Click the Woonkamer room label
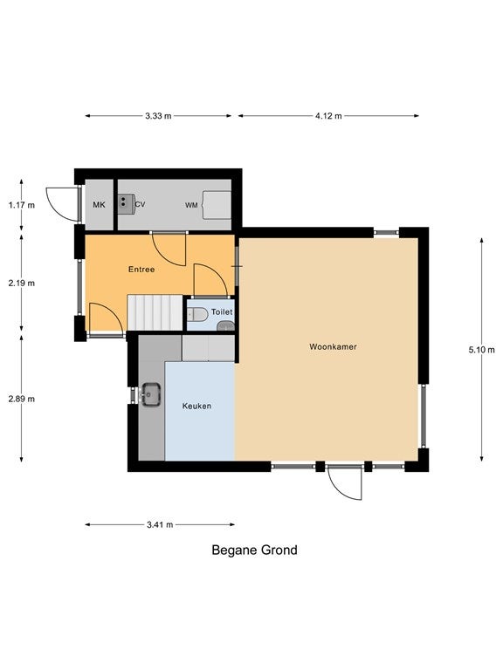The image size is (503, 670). tap(333, 346)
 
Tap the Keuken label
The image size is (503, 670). tap(196, 406)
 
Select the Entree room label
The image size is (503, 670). tap(141, 270)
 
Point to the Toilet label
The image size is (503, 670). tap(222, 312)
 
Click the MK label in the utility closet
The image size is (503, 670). tap(99, 205)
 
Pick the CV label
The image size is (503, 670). tap(140, 204)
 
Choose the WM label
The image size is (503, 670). tap(191, 206)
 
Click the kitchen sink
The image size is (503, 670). tap(151, 394)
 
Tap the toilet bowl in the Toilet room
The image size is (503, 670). tap(197, 314)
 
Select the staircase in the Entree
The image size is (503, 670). tap(155, 312)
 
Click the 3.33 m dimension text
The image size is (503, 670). tap(158, 116)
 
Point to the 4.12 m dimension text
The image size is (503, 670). tap(328, 116)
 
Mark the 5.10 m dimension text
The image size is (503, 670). tap(482, 350)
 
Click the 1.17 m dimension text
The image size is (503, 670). tap(21, 205)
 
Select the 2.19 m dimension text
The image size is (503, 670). tap(21, 283)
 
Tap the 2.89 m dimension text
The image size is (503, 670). tap(21, 399)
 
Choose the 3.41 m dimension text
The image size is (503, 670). tap(160, 524)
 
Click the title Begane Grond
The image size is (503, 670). tap(254, 550)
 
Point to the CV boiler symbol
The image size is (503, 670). tap(127, 204)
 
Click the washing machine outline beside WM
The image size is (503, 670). tap(217, 205)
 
